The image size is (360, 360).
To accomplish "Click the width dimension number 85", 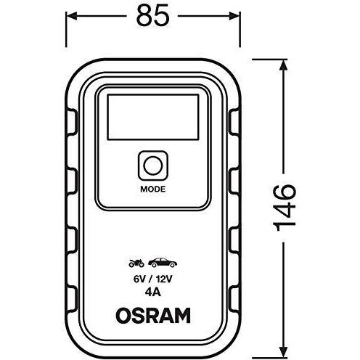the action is [152, 16].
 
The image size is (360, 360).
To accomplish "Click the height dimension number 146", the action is [285, 208].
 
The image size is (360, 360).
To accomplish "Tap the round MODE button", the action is [153, 165].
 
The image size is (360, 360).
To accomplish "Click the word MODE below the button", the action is [153, 189].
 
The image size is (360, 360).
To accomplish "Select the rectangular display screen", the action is [153, 117].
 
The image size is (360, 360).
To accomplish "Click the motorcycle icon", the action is [136, 263].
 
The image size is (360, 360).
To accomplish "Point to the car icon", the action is [163, 263].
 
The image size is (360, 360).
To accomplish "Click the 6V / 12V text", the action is [153, 279].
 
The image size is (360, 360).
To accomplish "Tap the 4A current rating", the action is [153, 292].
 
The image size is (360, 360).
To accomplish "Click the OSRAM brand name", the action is [153, 316].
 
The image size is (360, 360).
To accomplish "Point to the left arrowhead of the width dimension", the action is [71, 16].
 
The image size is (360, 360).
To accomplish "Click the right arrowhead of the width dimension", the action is [234, 16].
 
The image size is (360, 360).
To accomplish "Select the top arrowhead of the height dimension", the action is [283, 65].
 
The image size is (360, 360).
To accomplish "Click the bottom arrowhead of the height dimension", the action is [283, 352].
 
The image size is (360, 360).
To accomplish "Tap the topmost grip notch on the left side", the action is [72, 122].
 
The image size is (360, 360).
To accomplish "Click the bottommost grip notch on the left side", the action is [72, 298].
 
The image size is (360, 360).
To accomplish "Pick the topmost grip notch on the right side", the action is [234, 122].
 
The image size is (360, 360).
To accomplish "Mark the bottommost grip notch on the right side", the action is [234, 298].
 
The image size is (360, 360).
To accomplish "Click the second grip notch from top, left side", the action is [72, 181].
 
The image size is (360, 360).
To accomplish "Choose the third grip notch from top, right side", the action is [234, 240].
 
